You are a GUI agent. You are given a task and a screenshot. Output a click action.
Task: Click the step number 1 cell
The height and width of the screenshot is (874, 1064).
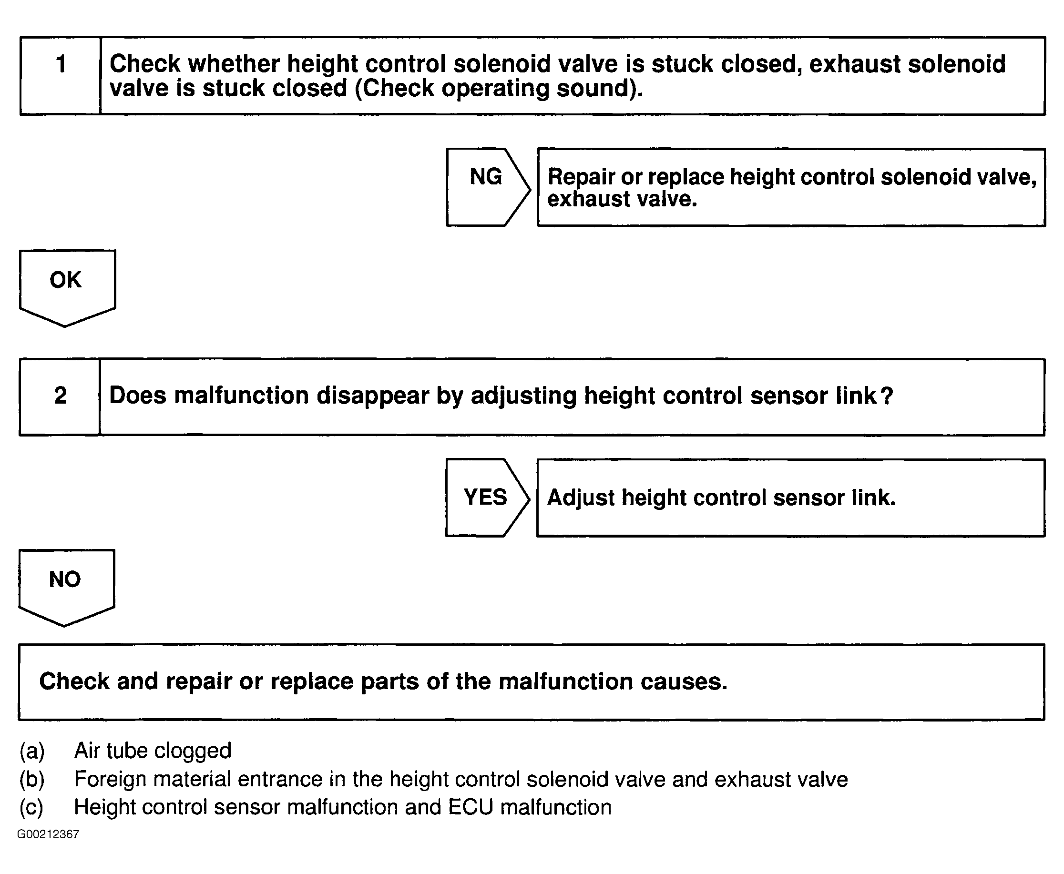click(61, 75)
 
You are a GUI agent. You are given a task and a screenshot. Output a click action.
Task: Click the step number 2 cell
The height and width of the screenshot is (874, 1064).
click(60, 396)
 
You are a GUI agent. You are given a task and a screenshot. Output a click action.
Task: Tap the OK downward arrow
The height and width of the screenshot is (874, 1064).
click(67, 287)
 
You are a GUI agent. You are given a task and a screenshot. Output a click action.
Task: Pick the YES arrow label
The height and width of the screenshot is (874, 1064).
click(485, 498)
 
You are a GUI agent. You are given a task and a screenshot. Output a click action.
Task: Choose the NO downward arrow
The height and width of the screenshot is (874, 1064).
click(66, 587)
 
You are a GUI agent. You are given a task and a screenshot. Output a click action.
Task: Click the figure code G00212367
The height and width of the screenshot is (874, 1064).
click(48, 834)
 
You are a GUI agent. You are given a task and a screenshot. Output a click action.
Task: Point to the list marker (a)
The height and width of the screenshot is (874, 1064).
click(32, 751)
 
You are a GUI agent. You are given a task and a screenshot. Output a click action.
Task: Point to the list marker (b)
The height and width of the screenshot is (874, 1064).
click(32, 779)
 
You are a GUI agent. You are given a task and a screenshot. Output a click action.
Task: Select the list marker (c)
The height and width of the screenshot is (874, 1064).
click(32, 807)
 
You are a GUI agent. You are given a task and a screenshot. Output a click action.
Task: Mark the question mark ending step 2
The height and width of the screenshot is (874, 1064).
click(886, 396)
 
